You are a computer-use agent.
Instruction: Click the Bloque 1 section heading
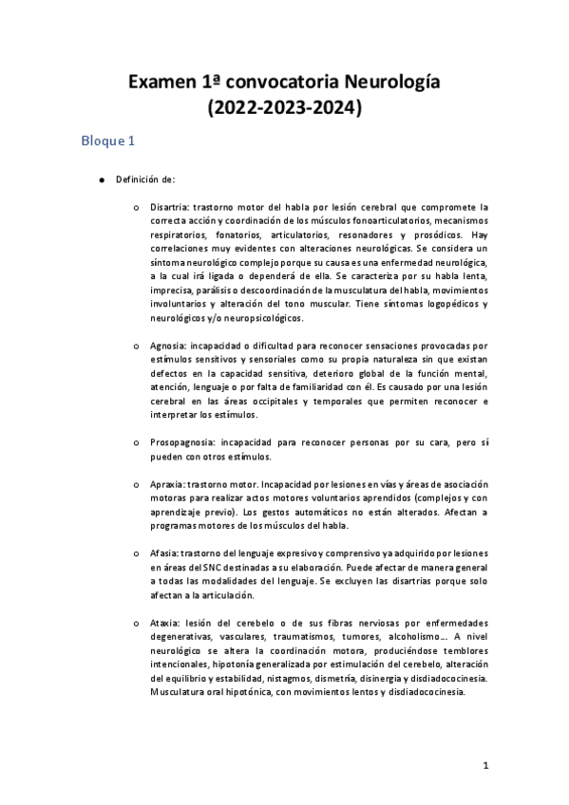[x=108, y=141]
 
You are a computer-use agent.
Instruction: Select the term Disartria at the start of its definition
[x=171, y=206]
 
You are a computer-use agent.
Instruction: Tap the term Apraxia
[x=168, y=484]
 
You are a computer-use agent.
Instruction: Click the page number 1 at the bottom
[x=484, y=764]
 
